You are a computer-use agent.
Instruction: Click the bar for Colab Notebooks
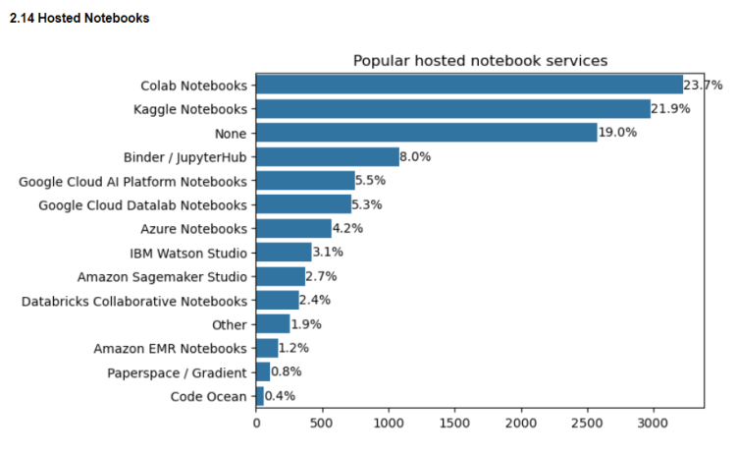click(x=469, y=85)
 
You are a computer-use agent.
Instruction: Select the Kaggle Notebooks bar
click(x=453, y=108)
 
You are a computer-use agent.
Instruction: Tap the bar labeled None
click(x=427, y=133)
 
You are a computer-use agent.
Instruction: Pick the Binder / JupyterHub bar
click(x=328, y=156)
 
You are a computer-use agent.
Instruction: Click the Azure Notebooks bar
click(x=293, y=228)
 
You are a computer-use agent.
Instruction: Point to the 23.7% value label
click(x=703, y=85)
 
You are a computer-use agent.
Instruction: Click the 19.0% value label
click(x=617, y=133)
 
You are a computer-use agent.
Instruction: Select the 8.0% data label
click(x=415, y=156)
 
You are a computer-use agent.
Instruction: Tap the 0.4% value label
click(x=280, y=396)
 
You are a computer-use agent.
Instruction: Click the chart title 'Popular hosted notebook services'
click(x=480, y=61)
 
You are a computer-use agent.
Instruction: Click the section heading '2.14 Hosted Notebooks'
click(x=79, y=18)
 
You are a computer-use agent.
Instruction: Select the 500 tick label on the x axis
click(x=323, y=424)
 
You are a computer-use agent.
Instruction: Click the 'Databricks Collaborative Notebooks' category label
click(x=133, y=301)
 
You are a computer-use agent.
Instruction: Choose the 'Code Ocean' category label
click(x=208, y=396)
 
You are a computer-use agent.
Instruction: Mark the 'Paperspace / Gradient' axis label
click(x=177, y=372)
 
